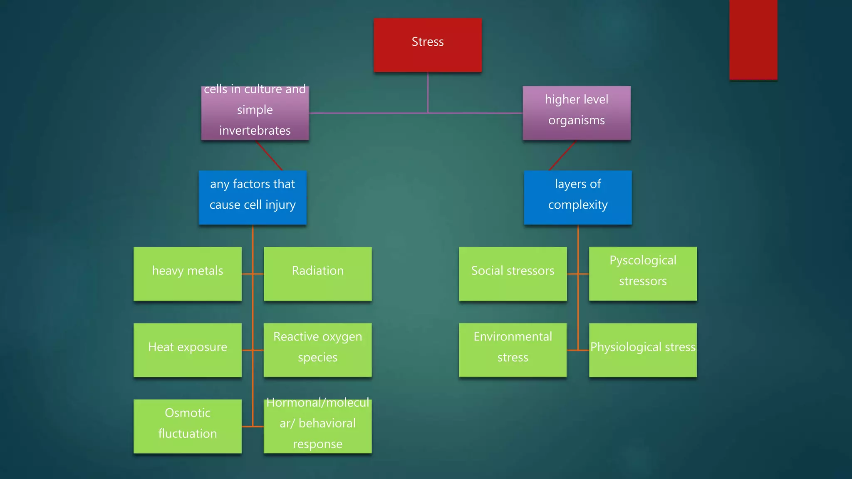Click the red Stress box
[x=428, y=45]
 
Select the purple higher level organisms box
[x=577, y=113]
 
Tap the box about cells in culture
[x=255, y=113]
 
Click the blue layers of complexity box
[x=578, y=198]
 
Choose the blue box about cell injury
[x=253, y=198]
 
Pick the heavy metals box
[x=188, y=274]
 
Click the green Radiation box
[x=317, y=274]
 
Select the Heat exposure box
[x=188, y=350]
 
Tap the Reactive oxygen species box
[x=317, y=350]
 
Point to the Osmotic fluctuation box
[x=188, y=426]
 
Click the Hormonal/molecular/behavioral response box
[x=317, y=426]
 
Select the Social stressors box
[x=513, y=274]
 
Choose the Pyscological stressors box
[x=643, y=274]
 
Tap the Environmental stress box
[x=513, y=350]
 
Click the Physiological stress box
[x=643, y=350]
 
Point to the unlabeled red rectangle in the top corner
[x=753, y=40]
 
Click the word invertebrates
[x=255, y=131]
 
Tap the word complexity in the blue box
[x=578, y=205]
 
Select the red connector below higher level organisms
[x=562, y=156]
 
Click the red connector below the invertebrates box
[x=269, y=156]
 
